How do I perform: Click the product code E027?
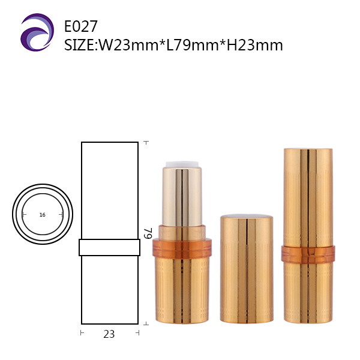[81, 26]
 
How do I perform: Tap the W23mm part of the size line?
[128, 45]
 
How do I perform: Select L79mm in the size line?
[192, 45]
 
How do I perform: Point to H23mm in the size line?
[254, 45]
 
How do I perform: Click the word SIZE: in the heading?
[81, 45]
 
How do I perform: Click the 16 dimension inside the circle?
[42, 215]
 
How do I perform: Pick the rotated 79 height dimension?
[148, 233]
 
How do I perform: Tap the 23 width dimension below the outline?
[109, 334]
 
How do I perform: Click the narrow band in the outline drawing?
[110, 247]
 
